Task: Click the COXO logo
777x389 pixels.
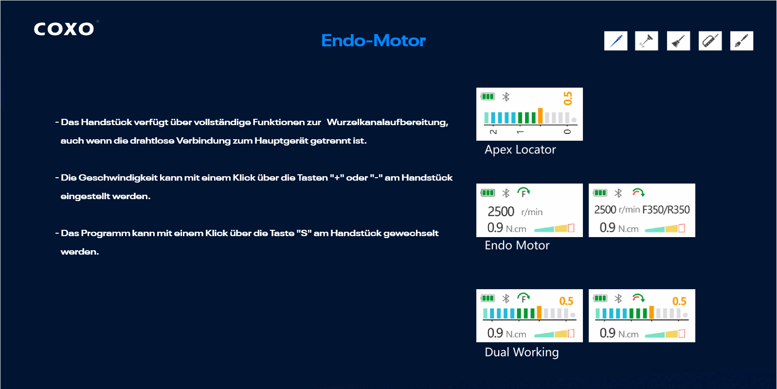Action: [64, 29]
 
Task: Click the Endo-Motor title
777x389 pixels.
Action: [373, 40]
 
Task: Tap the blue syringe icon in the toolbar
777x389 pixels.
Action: [615, 41]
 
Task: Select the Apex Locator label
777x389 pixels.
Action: [520, 149]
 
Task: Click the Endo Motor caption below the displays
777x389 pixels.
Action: [517, 245]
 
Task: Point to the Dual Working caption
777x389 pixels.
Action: [522, 352]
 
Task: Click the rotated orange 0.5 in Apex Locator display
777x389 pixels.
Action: [567, 98]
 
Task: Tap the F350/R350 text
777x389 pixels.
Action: [666, 210]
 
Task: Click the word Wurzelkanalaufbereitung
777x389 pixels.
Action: [387, 123]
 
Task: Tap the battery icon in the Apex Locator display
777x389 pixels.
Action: [488, 96]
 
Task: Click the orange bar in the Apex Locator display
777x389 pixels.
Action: [540, 116]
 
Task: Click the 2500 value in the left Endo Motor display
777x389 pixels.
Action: [501, 211]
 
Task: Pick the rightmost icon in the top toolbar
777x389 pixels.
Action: [741, 41]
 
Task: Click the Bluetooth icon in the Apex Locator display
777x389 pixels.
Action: [506, 97]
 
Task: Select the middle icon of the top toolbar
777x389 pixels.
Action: [679, 41]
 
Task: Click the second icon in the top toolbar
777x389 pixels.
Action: [647, 41]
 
